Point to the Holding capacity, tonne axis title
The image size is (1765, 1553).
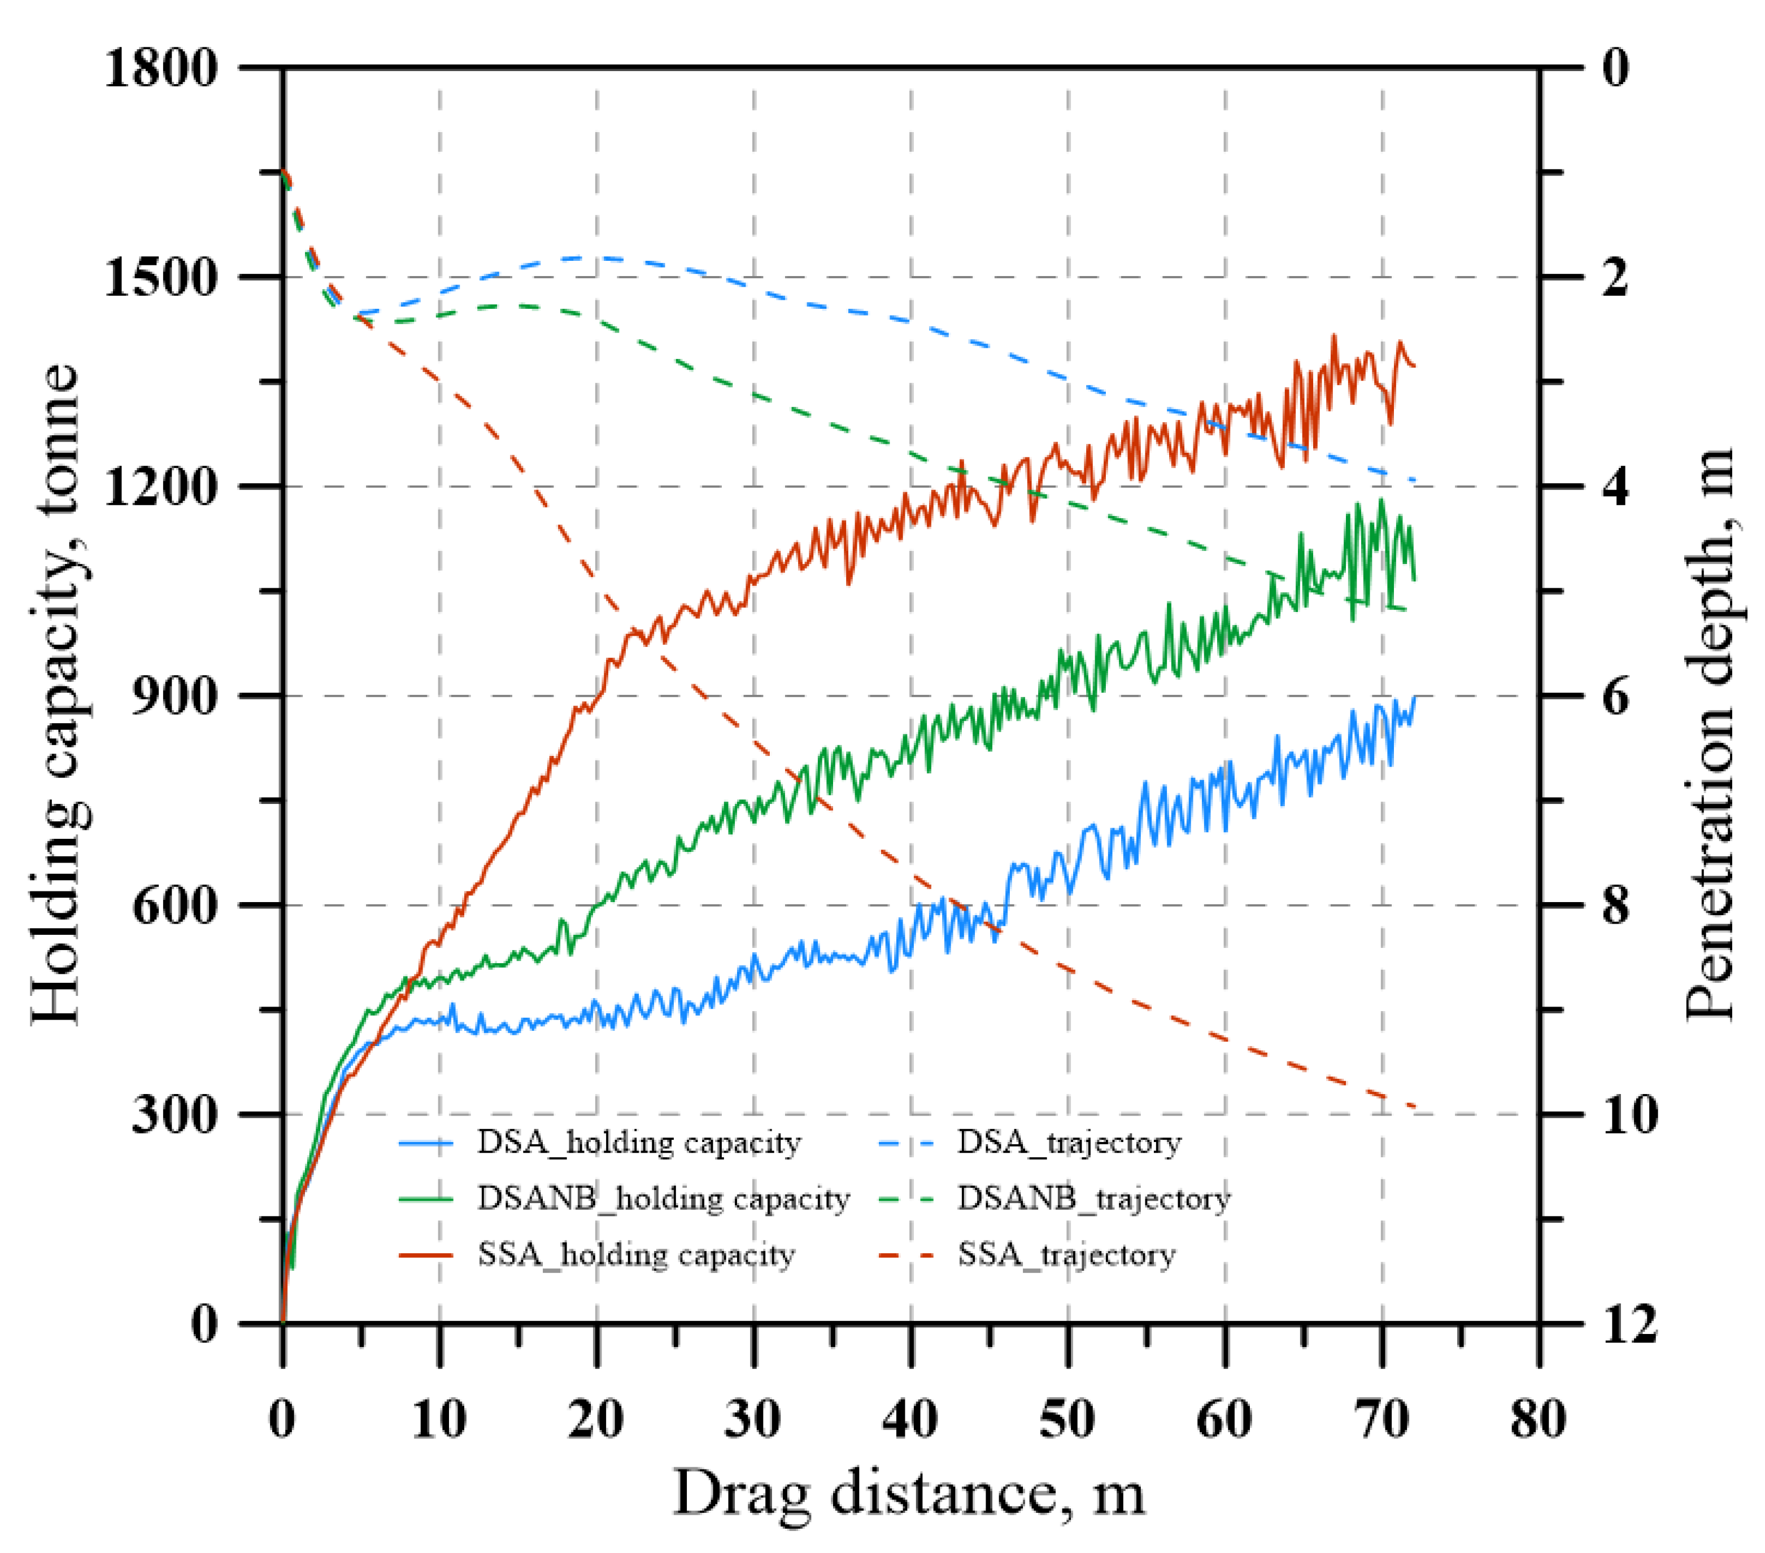[55, 695]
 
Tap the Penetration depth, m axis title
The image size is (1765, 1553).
[1709, 734]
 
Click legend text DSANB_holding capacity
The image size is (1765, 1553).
[663, 1199]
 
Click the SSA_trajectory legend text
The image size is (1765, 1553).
[1066, 1254]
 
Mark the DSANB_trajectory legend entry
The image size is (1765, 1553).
[1093, 1199]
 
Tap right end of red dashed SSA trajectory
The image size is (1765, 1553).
[1414, 1106]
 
